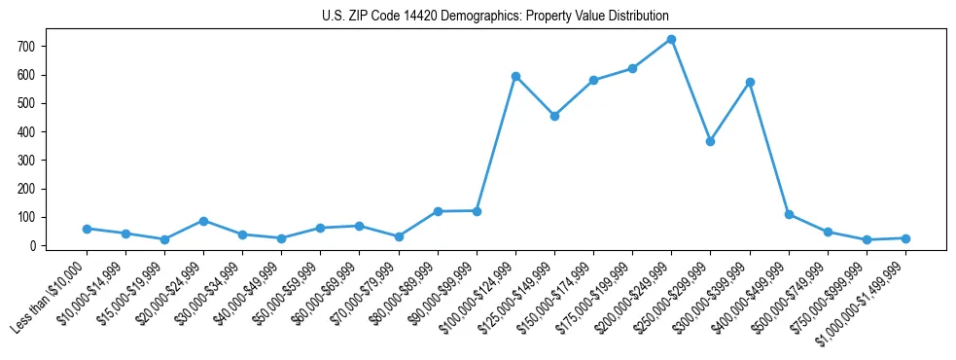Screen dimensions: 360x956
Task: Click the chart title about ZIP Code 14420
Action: (495, 17)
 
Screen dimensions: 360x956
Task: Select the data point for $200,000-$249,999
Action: (671, 40)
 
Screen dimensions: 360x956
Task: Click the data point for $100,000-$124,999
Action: (515, 76)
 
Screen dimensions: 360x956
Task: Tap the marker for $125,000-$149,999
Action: (554, 116)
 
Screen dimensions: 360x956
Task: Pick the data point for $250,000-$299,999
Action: (710, 141)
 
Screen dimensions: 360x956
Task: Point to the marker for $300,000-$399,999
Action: (750, 82)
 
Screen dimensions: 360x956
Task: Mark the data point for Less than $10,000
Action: (87, 229)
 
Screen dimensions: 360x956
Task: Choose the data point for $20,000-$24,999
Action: (203, 221)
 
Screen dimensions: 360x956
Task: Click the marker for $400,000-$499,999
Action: (789, 214)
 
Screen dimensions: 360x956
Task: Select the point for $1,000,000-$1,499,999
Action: (905, 238)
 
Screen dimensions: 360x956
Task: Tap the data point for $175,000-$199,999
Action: (632, 68)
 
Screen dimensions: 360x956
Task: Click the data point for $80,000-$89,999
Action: (438, 211)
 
